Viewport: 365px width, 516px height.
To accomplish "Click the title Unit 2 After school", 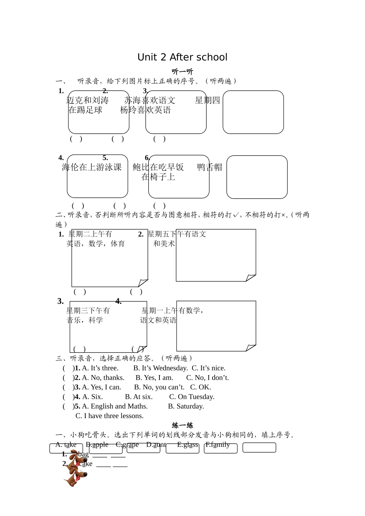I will coord(182,57).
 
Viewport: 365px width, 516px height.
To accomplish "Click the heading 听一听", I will coord(182,71).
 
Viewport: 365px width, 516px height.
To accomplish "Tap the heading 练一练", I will coord(182,425).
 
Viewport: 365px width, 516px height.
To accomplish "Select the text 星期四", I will coord(207,101).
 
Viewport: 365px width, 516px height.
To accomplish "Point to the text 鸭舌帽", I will coord(209,167).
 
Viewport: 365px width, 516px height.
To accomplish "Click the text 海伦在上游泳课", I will coord(91,167).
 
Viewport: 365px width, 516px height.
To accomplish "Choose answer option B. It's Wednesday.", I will coord(160,368).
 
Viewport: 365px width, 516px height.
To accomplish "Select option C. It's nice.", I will coord(209,368).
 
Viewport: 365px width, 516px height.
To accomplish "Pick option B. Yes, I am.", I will coord(154,378).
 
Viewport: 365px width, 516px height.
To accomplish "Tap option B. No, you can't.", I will coord(159,387).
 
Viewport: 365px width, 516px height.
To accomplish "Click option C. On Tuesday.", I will coord(192,397).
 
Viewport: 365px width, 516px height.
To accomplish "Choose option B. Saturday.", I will coord(186,407).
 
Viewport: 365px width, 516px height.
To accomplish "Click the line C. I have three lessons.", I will coord(109,416).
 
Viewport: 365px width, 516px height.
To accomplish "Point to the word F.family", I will coord(217,445).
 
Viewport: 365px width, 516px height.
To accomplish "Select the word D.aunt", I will coord(156,445).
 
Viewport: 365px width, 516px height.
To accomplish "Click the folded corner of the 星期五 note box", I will coord(251,278).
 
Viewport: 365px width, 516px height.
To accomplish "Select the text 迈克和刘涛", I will coord(88,101).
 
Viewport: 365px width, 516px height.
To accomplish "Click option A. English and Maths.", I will coord(114,407).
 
